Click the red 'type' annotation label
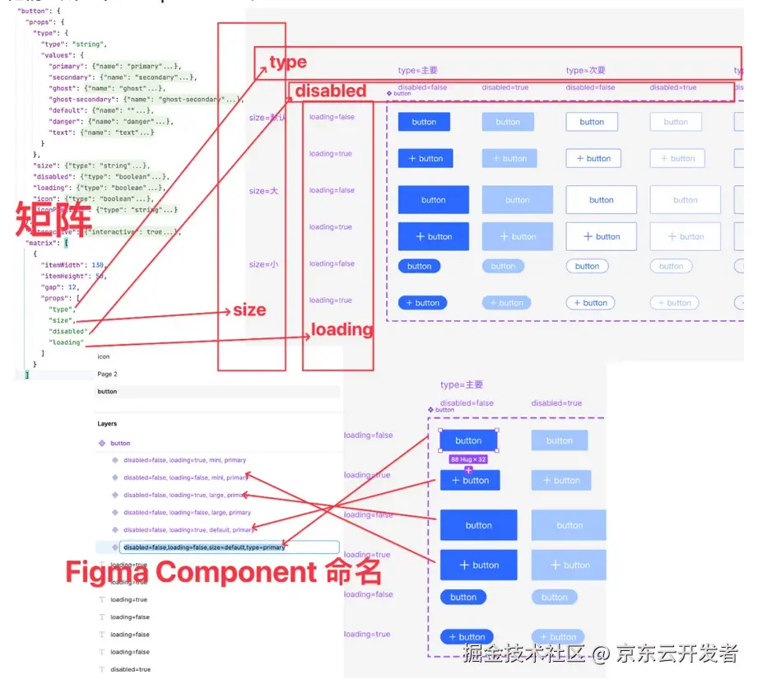[288, 62]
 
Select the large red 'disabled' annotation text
[330, 91]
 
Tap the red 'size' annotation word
[249, 310]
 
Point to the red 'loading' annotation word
[342, 330]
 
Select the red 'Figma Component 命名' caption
[223, 571]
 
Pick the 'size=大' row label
[263, 191]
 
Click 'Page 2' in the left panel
[107, 374]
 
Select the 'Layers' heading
[107, 424]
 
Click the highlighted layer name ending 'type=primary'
[204, 547]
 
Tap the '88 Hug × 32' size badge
[469, 459]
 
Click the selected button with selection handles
[468, 440]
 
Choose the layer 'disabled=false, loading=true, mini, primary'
[184, 460]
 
